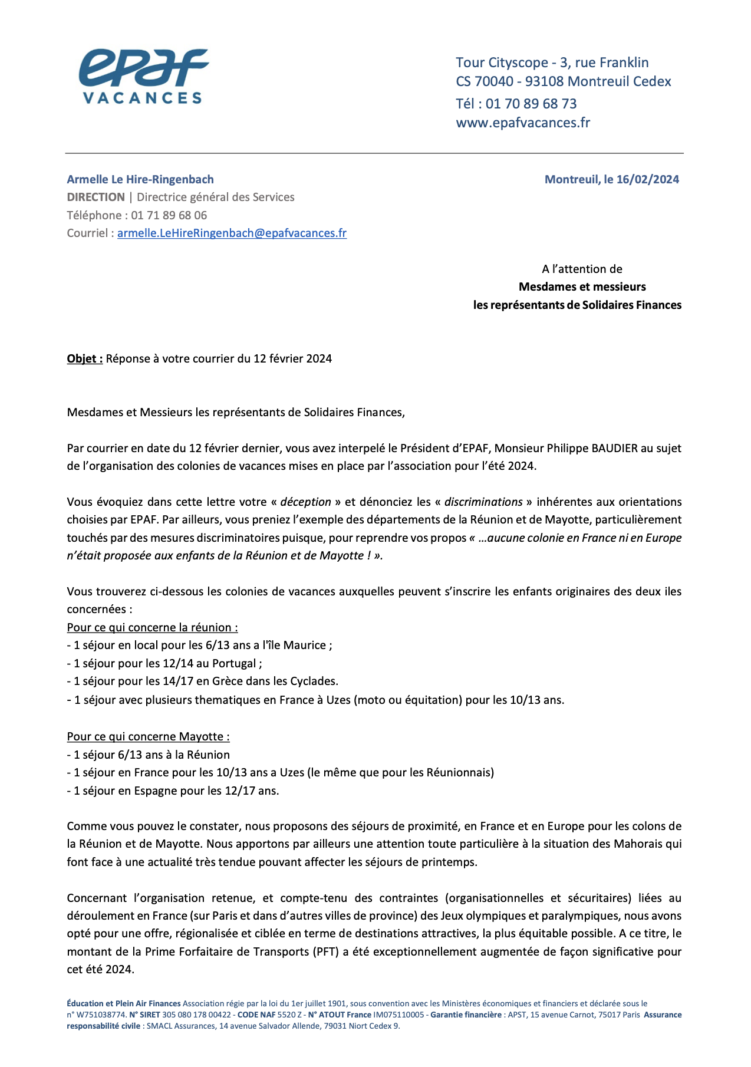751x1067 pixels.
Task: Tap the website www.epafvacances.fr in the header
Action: [x=523, y=123]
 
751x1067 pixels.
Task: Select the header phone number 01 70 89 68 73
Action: [x=531, y=104]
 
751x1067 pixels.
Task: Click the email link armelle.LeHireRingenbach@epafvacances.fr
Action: [x=232, y=233]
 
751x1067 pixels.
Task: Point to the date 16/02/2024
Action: [x=647, y=179]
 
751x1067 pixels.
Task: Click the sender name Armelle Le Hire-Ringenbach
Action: [x=140, y=179]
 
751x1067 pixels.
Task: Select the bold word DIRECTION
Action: [x=95, y=197]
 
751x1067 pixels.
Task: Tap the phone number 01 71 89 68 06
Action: [x=169, y=215]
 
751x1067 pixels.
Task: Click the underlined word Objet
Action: [x=84, y=358]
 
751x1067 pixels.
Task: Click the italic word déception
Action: [x=305, y=502]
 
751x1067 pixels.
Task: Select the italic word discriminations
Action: [x=483, y=502]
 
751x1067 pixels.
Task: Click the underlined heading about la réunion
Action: [x=152, y=627]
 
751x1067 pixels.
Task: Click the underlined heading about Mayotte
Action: [x=148, y=736]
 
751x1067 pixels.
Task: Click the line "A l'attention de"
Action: [x=582, y=269]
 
